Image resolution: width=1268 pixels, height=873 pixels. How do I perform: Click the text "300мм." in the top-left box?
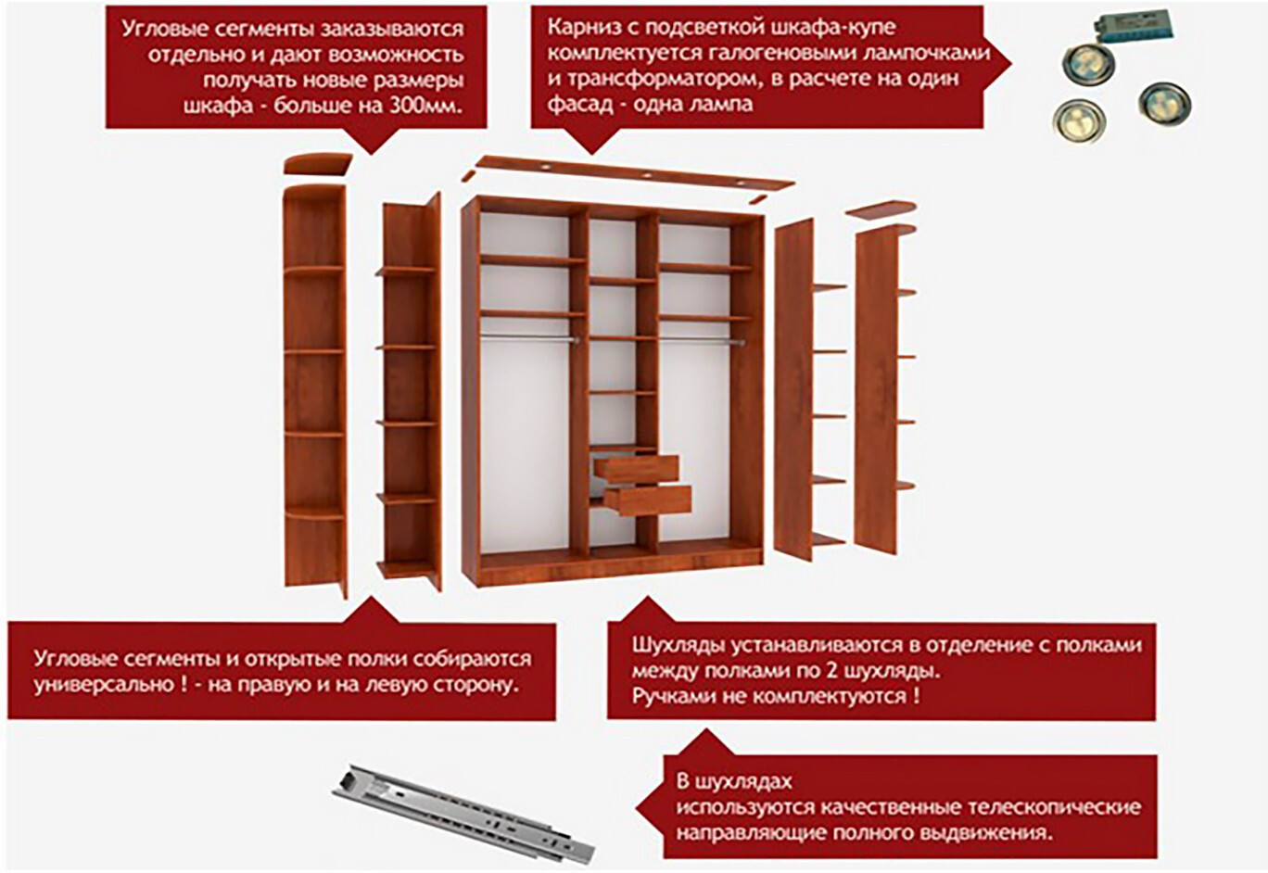click(x=425, y=106)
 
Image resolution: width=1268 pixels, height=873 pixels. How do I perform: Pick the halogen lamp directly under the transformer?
click(x=1088, y=64)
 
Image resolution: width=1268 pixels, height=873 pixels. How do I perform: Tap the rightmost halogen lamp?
click(x=1164, y=104)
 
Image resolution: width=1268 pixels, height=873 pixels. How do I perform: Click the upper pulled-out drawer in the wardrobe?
click(x=635, y=469)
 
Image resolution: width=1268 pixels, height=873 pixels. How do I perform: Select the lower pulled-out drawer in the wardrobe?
click(x=647, y=500)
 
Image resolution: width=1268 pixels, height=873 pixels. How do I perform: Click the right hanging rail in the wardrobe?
click(x=702, y=341)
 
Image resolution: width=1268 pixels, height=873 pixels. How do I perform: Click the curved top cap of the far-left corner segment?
click(x=318, y=163)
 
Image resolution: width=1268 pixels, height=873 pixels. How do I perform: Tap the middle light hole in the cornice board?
click(x=646, y=175)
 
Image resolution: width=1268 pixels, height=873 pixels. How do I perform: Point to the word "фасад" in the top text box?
click(x=580, y=104)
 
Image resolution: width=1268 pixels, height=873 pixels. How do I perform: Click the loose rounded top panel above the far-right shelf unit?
click(x=881, y=209)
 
